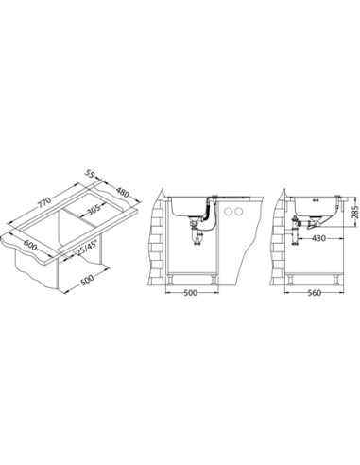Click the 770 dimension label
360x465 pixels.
[44, 203]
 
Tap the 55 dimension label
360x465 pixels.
[90, 174]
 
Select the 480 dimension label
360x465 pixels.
[123, 192]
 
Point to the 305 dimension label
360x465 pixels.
[94, 210]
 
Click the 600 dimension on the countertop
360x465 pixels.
[30, 245]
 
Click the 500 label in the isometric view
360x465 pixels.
[87, 280]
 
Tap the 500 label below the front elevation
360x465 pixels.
[190, 293]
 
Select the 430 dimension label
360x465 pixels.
[318, 238]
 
